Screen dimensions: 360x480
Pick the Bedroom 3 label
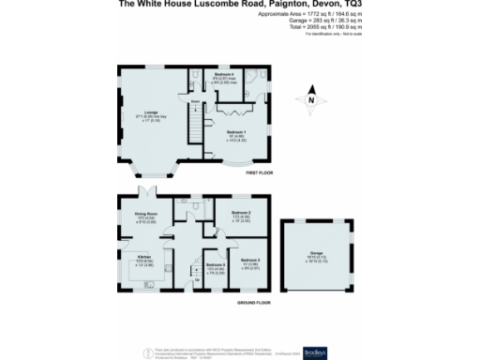coord(247,260)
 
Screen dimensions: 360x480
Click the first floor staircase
coord(197,119)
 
